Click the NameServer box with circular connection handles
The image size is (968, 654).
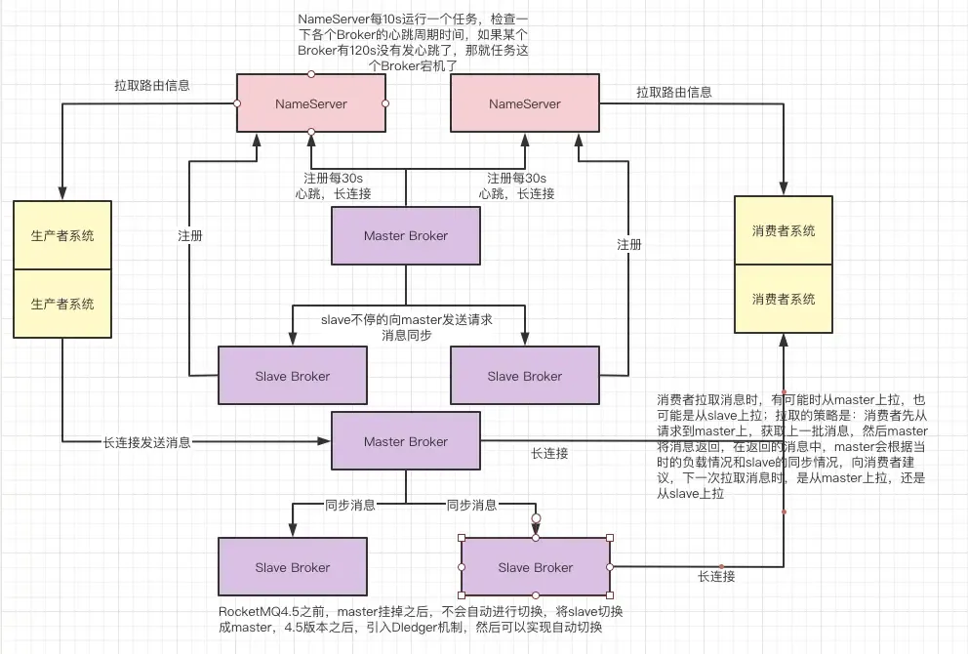[x=310, y=103]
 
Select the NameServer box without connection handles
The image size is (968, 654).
[x=524, y=103]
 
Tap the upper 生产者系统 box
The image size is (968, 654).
[x=62, y=235]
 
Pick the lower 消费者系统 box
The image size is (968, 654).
[x=784, y=299]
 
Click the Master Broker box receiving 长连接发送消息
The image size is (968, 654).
[x=406, y=441]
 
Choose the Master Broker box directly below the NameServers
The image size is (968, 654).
[x=406, y=235]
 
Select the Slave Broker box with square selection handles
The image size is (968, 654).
[x=535, y=567]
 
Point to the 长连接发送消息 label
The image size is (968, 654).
[x=146, y=442]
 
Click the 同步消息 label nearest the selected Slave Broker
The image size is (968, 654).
[x=471, y=506]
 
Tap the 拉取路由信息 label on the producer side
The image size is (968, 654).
[x=151, y=86]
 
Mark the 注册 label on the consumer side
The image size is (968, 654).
[x=629, y=245]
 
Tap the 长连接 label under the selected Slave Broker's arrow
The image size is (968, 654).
[x=715, y=577]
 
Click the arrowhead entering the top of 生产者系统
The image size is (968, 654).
[x=62, y=194]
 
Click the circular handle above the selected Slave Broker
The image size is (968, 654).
[x=535, y=518]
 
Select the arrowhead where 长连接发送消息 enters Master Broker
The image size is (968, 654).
[x=326, y=442]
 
